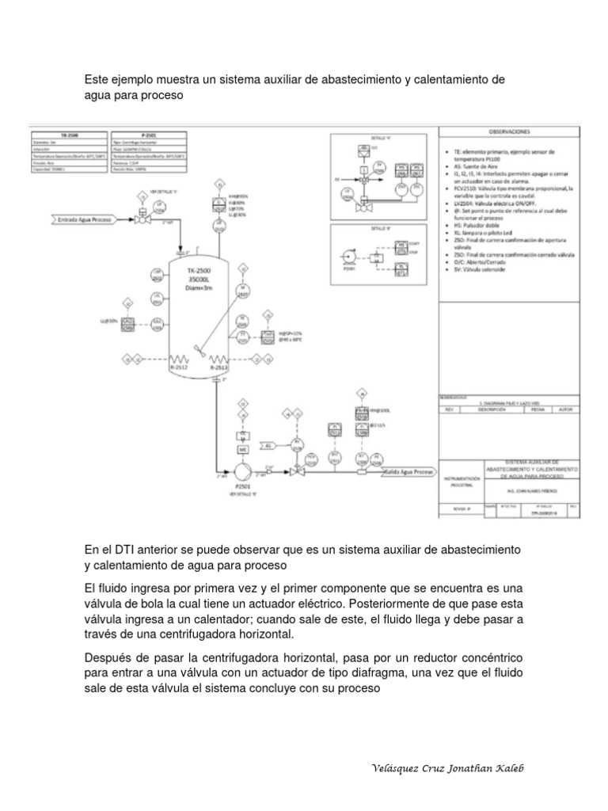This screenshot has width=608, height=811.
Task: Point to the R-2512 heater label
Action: (180, 367)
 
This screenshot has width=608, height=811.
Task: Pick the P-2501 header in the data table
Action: (147, 135)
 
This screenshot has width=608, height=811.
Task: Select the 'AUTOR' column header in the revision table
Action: (564, 410)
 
